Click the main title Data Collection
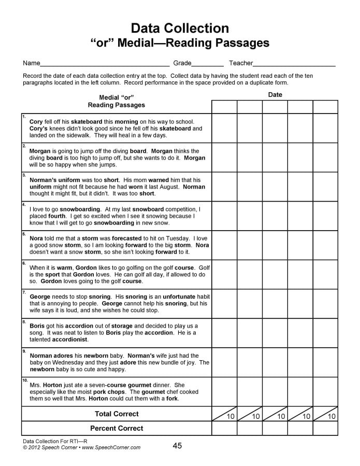(180, 28)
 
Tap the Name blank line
(105, 65)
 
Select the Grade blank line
(208, 65)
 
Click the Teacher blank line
(294, 65)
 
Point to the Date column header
(275, 95)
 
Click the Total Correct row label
(117, 414)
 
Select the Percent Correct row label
(117, 428)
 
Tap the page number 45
(177, 446)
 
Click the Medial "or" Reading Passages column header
(117, 101)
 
